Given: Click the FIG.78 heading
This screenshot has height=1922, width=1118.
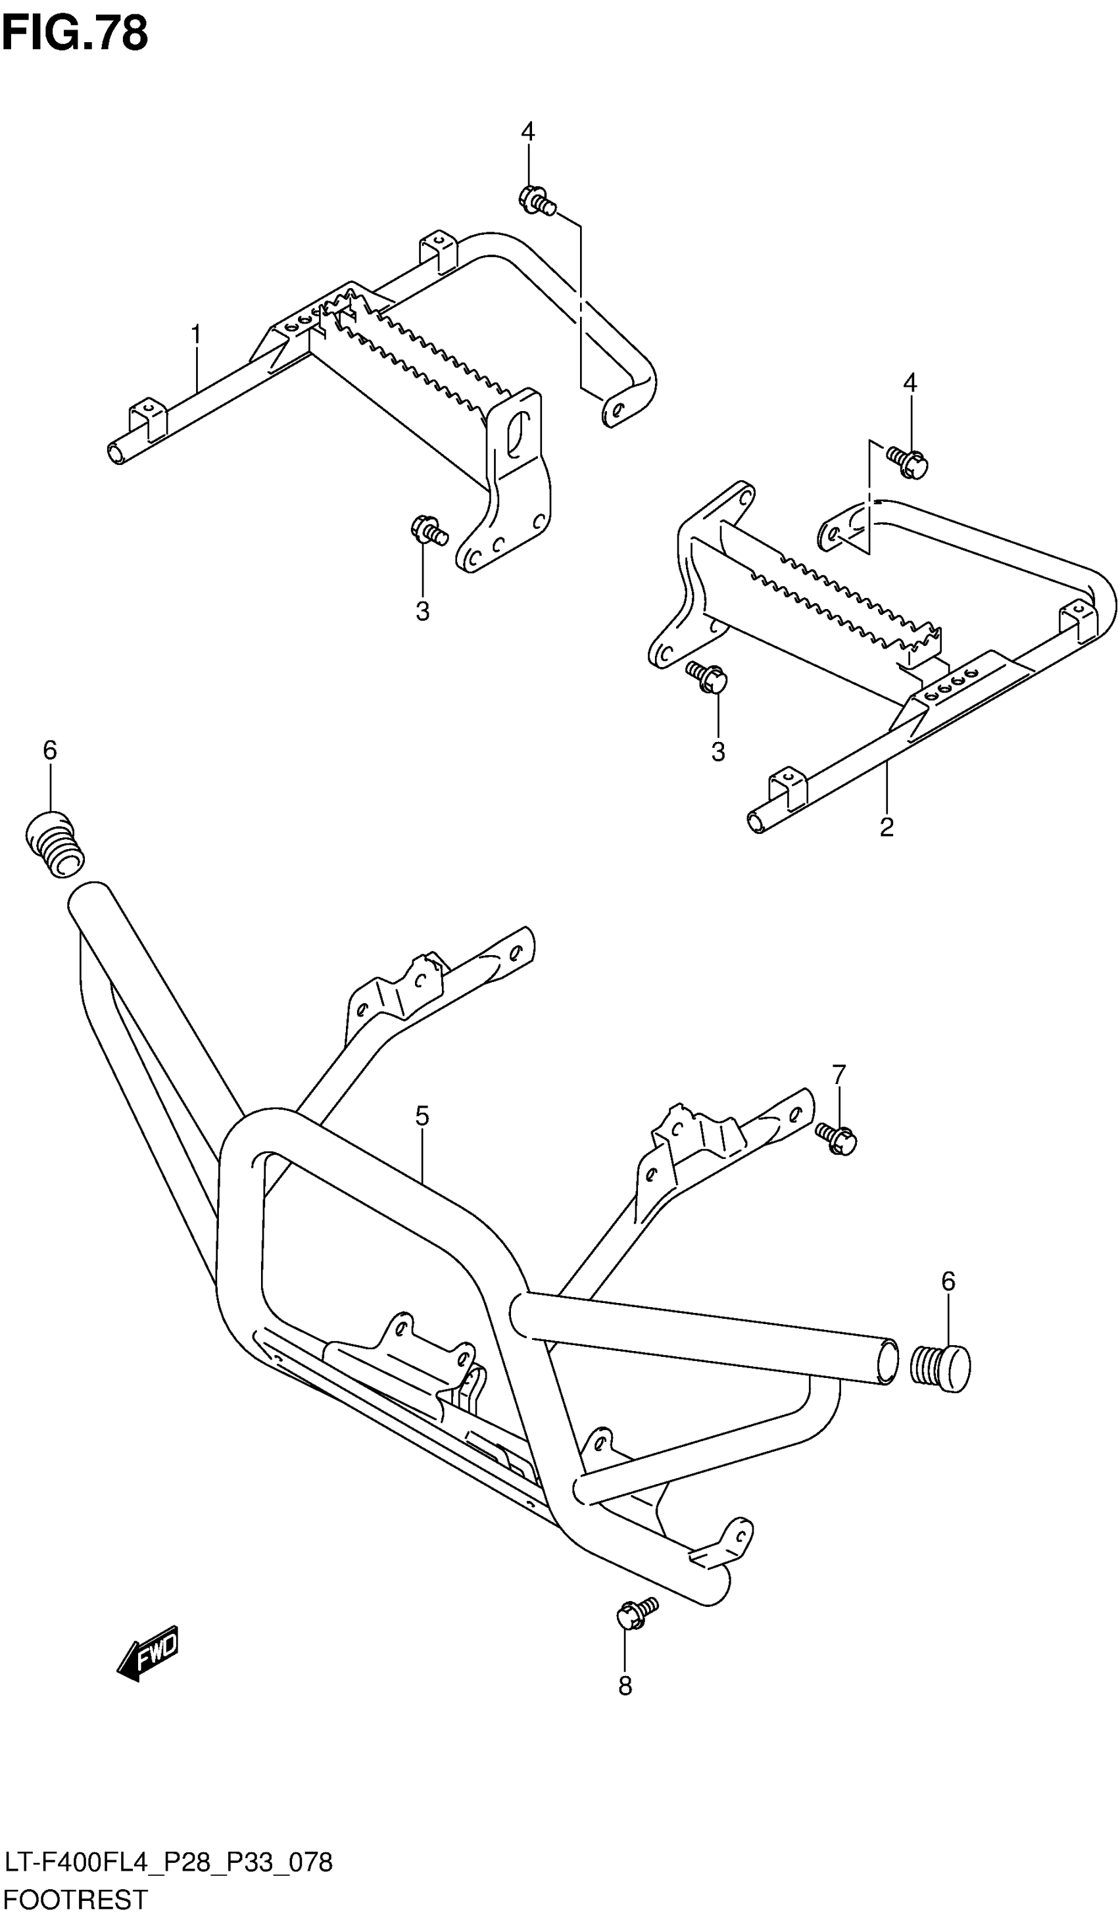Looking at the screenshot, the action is point(75,34).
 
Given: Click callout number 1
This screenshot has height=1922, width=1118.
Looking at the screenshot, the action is point(196,335).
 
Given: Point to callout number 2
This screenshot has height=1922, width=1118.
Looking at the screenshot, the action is point(886,827).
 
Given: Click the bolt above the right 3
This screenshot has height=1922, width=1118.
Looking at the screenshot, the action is point(707,678).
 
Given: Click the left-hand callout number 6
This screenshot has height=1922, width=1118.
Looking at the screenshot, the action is point(49,750).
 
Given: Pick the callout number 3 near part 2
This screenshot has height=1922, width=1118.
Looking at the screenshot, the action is point(717,751).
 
